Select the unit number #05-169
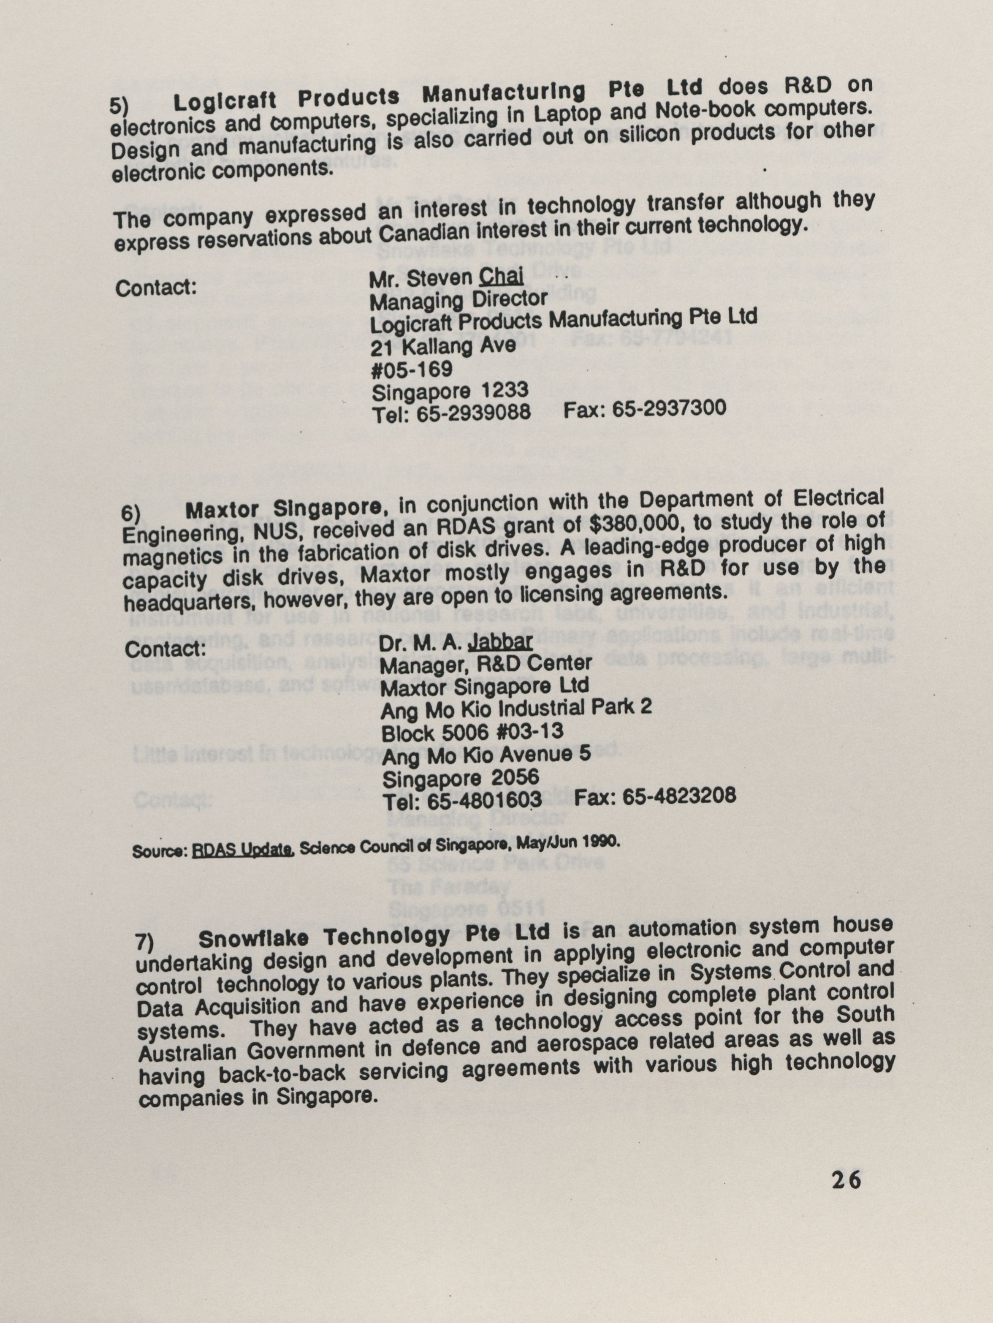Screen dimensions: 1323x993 pos(412,369)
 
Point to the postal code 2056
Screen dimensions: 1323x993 pos(514,777)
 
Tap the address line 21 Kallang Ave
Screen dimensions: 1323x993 pos(442,346)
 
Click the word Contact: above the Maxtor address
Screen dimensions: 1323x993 pos(165,648)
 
